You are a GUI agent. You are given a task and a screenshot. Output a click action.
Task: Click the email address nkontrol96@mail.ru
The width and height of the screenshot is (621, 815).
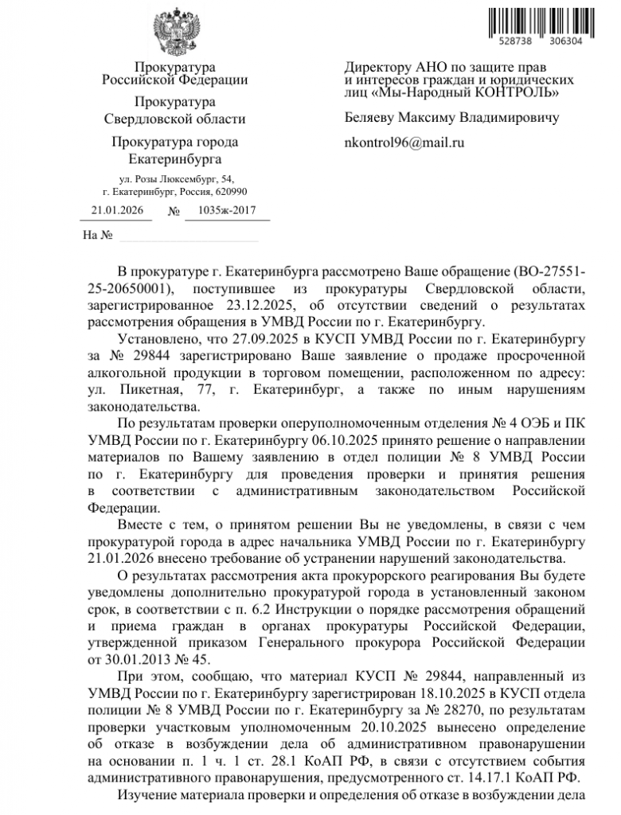[404, 143]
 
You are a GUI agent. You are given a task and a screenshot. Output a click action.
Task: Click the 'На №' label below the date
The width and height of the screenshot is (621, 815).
[97, 236]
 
